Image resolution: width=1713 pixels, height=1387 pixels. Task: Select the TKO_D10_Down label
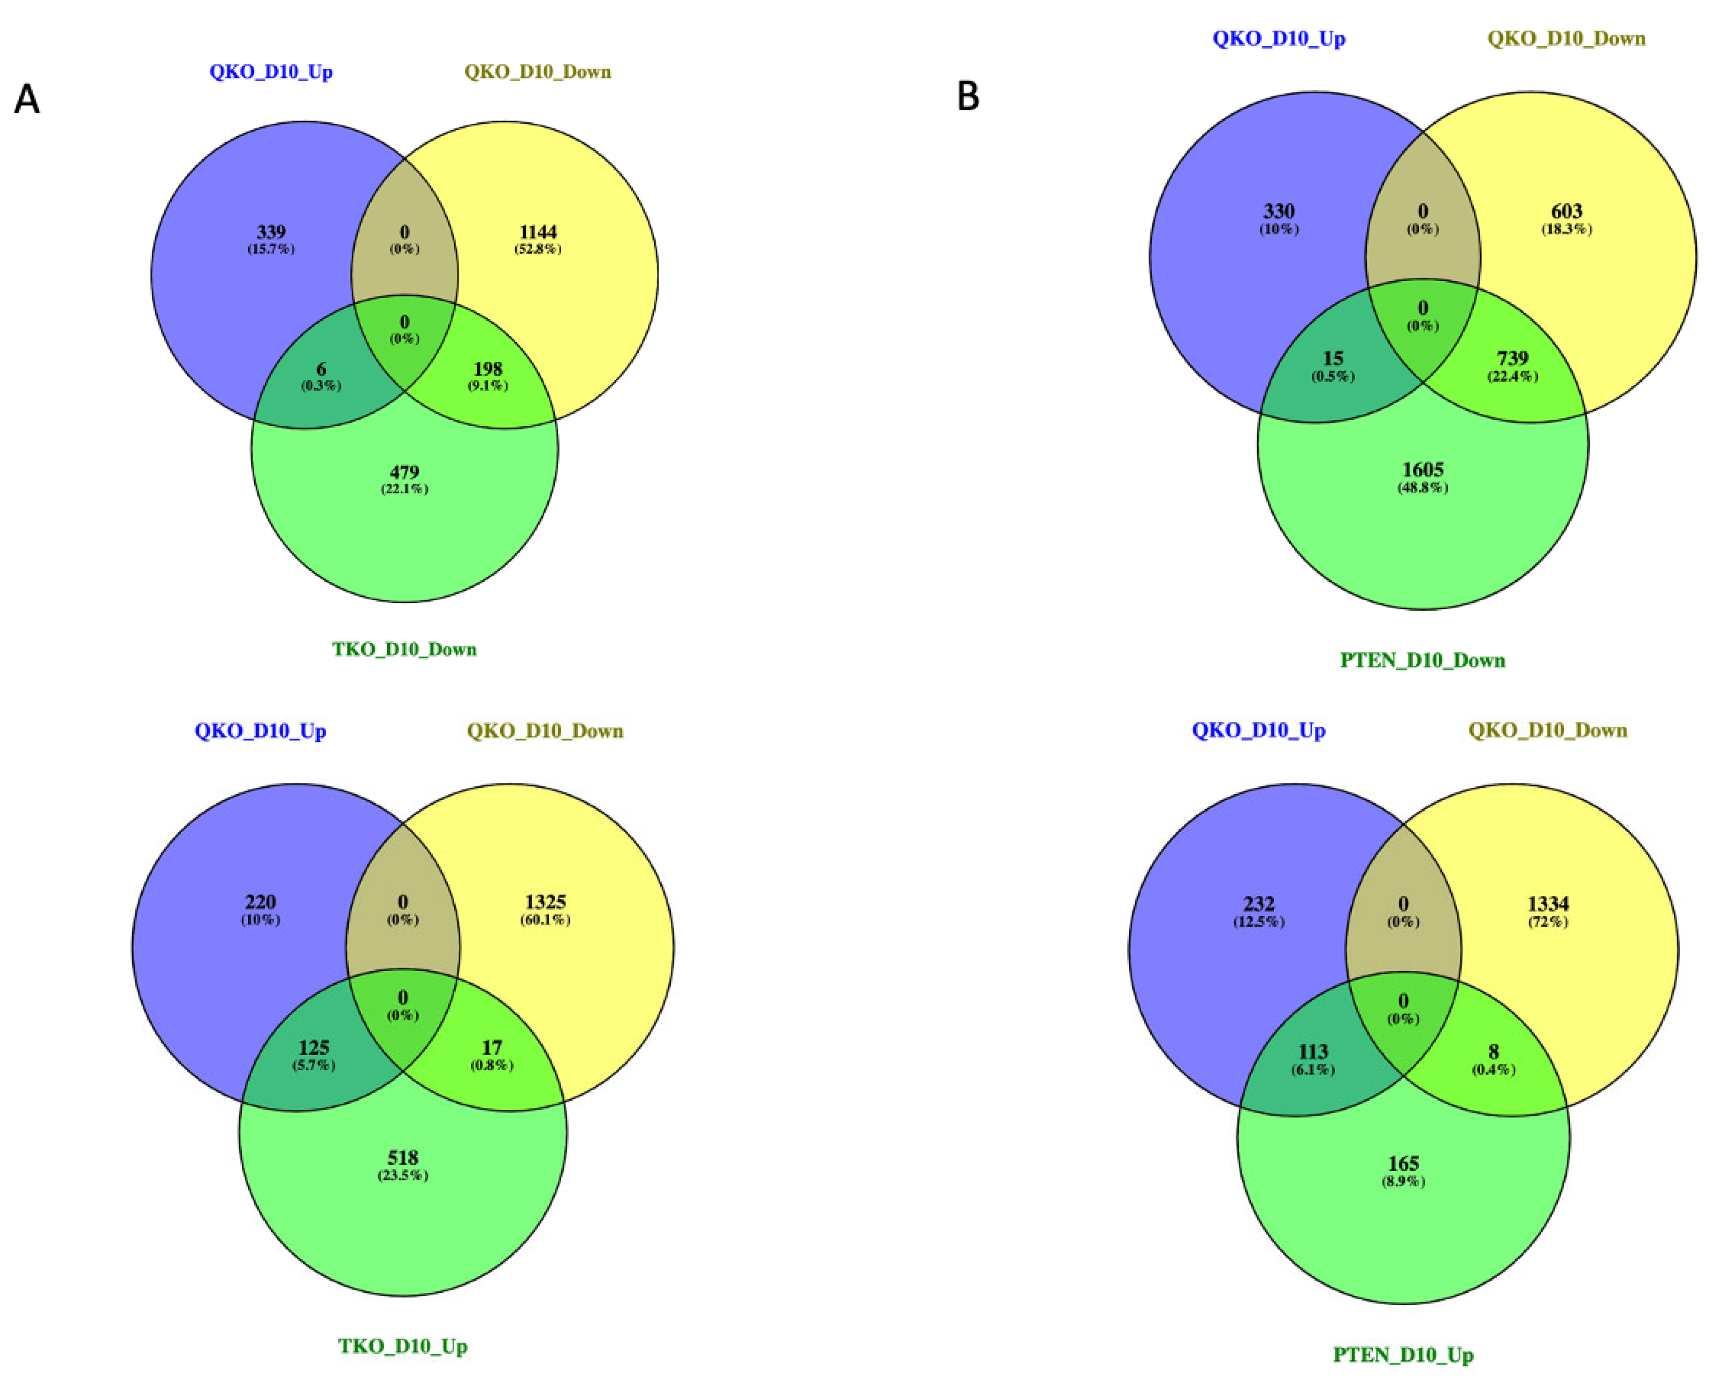[x=404, y=649]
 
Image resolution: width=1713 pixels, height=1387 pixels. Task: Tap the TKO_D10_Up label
[x=403, y=1346]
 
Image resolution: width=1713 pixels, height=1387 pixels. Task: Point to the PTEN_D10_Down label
[x=1422, y=660]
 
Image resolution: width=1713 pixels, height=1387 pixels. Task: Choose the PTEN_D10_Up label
[x=1403, y=1354]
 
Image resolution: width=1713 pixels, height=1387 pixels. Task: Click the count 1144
[x=538, y=232]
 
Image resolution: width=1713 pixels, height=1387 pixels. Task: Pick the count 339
[x=271, y=232]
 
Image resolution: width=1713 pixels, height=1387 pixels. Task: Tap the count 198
[x=487, y=368]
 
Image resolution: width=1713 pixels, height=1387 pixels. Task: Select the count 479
[x=404, y=471]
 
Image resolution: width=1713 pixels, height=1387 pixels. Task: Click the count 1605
[x=1423, y=470]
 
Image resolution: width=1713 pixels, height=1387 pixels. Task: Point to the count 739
[x=1513, y=358]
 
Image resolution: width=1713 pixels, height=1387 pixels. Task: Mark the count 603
[x=1566, y=211]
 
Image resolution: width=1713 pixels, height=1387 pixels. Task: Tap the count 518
[x=403, y=1157]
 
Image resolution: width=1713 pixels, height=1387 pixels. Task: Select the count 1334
[x=1548, y=904]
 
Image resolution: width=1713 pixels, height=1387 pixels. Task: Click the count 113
[x=1313, y=1052]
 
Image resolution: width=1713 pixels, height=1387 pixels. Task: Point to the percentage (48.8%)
[x=1423, y=487]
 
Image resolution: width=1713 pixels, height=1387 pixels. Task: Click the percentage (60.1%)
[x=545, y=919]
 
